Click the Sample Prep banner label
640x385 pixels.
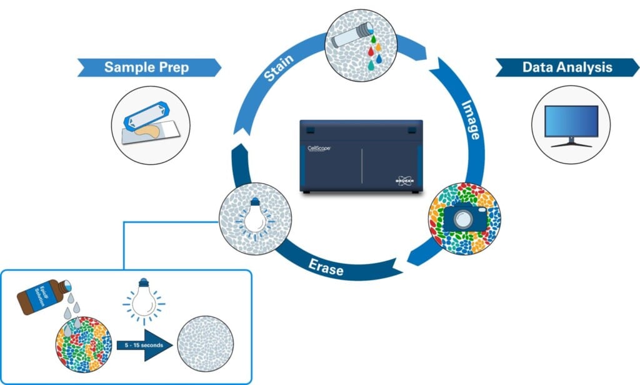tap(146, 67)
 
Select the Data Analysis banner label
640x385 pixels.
tap(567, 67)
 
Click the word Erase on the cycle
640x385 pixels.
tap(325, 266)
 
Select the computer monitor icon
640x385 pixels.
tap(571, 125)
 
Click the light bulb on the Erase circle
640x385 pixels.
tap(254, 216)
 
